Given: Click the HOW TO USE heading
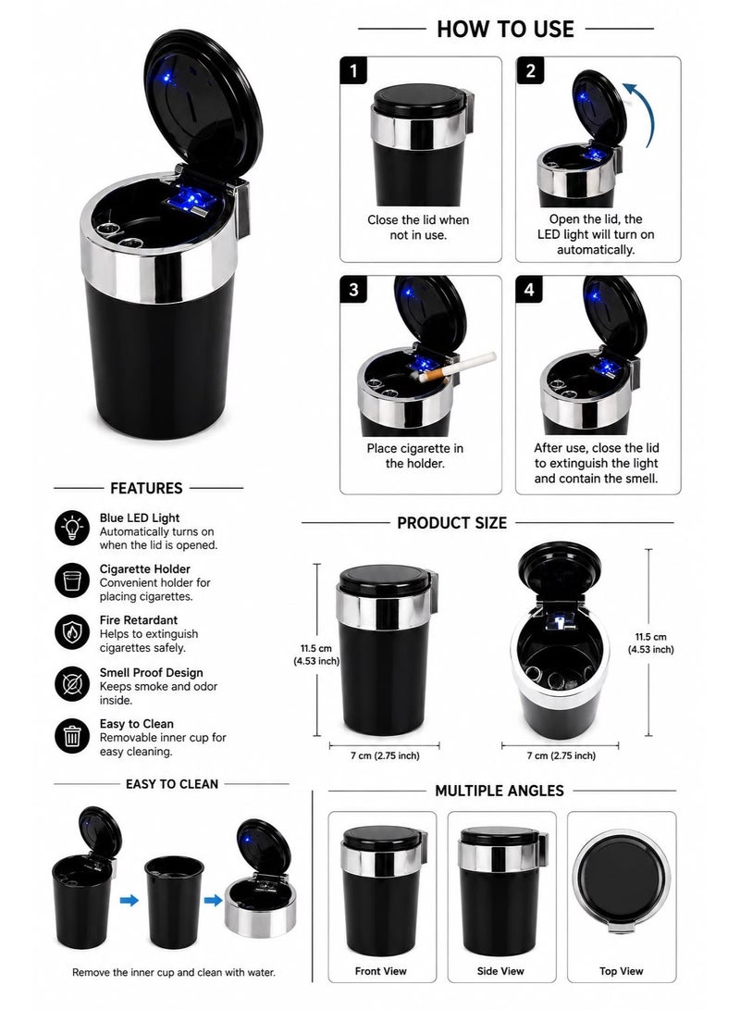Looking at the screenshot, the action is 505,29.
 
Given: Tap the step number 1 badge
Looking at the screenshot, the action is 353,70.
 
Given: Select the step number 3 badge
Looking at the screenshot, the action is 353,289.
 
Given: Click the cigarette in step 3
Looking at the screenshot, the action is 458,367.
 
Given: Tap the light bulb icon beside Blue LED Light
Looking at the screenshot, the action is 72,529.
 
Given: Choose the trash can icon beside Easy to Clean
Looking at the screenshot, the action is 72,736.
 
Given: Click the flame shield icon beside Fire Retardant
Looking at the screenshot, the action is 72,632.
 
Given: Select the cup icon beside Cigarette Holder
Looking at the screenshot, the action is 72,580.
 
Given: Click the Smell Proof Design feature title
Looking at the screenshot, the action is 151,672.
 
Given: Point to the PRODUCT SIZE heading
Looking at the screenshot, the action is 451,523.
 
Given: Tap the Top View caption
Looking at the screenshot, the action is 621,971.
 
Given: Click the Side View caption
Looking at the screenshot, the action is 500,971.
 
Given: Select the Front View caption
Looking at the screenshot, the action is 381,971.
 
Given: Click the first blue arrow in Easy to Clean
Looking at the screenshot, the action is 129,900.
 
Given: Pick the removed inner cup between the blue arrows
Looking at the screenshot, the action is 174,902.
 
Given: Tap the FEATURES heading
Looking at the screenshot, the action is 146,488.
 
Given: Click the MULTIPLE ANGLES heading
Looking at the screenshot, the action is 499,791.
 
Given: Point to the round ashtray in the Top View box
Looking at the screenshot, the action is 622,879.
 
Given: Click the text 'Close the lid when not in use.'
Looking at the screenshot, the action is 418,228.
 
